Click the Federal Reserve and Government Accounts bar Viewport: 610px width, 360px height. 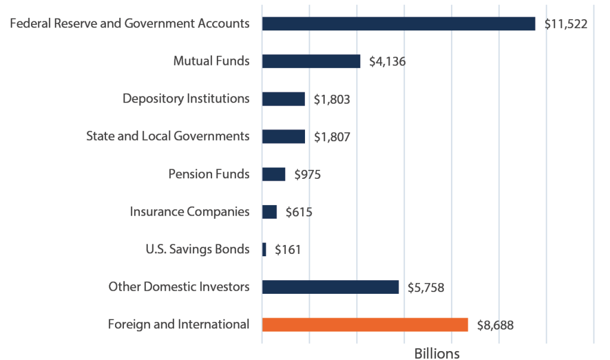(x=398, y=24)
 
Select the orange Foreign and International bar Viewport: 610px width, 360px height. (x=365, y=325)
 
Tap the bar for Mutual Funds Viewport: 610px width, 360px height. (x=311, y=61)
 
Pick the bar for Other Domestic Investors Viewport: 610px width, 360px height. (x=330, y=287)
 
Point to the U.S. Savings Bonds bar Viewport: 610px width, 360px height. (x=264, y=250)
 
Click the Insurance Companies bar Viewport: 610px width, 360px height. (x=269, y=212)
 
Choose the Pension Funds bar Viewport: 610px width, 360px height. (x=273, y=174)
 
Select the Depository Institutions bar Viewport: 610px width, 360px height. (x=283, y=99)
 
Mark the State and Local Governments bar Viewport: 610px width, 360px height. (x=283, y=136)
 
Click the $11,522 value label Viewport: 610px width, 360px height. (x=566, y=24)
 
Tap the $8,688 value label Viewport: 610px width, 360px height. (x=495, y=325)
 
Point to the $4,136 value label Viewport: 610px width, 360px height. (x=387, y=62)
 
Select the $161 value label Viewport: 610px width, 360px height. (x=288, y=250)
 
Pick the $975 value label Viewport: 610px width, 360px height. (x=308, y=175)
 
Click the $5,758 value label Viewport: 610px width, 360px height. (x=426, y=288)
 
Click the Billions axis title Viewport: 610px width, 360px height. (x=437, y=353)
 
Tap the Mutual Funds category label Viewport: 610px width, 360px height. (x=211, y=61)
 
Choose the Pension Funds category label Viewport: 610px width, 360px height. (x=209, y=174)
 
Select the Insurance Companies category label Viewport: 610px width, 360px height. (x=189, y=212)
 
